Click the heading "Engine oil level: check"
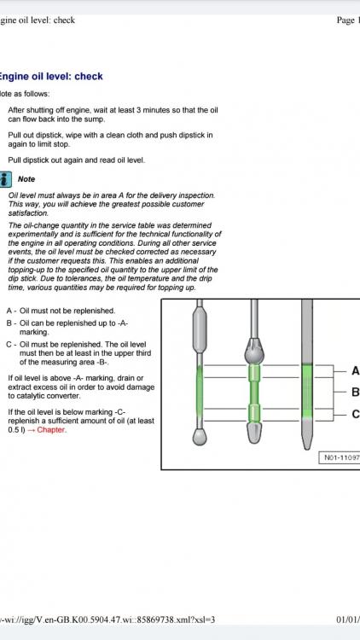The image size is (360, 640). pos(51,76)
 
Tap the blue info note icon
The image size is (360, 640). pos(5,179)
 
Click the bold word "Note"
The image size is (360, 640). pos(26,179)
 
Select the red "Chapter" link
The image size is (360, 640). pos(51,430)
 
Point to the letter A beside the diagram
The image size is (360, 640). pos(356,371)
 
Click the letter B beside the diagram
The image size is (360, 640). pos(356,393)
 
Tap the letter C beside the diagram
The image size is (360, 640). pos(356,414)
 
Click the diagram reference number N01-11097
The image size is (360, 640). pos(341,457)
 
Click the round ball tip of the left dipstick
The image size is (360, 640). pos(200,437)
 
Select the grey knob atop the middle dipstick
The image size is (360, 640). pos(254,351)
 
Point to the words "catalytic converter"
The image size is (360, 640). pos(44,396)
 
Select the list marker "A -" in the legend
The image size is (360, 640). pos(11,311)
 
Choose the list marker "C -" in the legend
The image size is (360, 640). pos(11,345)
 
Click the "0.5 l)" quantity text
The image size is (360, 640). pos(16,430)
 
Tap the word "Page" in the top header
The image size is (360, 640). pos(345,20)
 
